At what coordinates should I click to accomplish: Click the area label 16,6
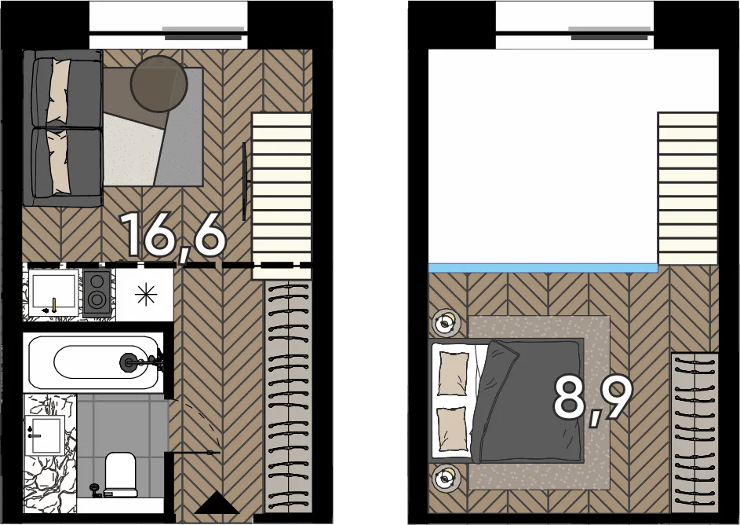click(173, 235)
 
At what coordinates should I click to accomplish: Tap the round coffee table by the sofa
click(159, 84)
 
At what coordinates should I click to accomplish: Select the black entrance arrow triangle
click(217, 502)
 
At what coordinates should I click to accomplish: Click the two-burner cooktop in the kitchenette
click(97, 293)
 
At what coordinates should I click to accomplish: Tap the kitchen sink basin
click(53, 292)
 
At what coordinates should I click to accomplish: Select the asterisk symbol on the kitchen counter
click(146, 295)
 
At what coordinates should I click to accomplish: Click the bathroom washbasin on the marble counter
click(45, 435)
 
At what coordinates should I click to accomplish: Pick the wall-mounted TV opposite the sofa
click(245, 181)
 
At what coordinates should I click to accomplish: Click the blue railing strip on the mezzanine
click(543, 269)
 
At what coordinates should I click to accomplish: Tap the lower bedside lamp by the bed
click(445, 479)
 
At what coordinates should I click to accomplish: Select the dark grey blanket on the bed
click(530, 401)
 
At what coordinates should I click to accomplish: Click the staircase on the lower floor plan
click(282, 196)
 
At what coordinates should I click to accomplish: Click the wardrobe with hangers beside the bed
click(694, 433)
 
